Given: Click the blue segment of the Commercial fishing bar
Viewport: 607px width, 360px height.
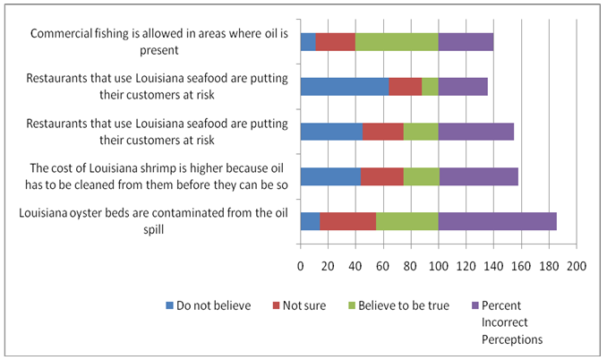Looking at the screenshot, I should (307, 41).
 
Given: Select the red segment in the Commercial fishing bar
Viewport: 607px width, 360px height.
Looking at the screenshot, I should (335, 41).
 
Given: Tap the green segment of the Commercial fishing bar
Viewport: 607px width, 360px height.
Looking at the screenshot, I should (397, 41).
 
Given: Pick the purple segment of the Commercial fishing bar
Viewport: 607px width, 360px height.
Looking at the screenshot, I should (466, 41).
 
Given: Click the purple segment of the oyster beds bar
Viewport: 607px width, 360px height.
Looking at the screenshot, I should (497, 221).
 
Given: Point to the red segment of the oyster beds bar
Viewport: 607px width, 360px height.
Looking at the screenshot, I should (347, 221).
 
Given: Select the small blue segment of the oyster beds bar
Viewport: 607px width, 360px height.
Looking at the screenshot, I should (310, 221).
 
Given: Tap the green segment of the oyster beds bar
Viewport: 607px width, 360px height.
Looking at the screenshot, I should (406, 221).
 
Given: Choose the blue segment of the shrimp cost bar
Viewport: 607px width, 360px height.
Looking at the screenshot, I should (330, 176).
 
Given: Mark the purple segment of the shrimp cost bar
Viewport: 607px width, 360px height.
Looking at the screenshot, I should (478, 176).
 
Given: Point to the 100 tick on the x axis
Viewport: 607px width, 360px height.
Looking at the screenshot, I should (438, 266).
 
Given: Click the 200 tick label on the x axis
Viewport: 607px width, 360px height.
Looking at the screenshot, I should (576, 266).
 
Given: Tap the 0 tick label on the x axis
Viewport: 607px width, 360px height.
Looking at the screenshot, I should (300, 266).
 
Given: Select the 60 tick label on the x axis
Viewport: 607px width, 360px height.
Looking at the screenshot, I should (383, 266).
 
